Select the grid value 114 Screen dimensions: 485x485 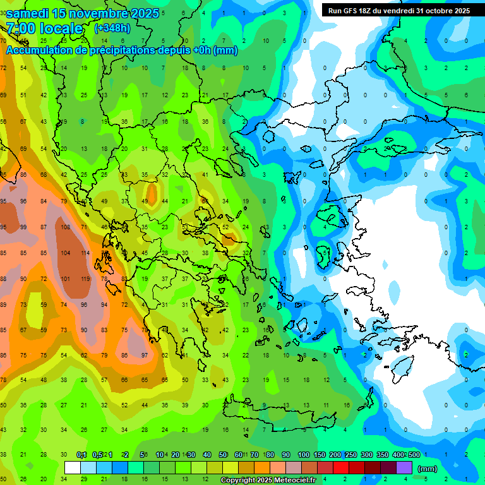(84, 253)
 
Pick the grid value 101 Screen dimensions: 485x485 (64, 278)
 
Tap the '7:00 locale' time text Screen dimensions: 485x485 (44, 28)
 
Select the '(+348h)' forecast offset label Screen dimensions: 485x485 (112, 28)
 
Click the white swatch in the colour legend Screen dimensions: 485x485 (73, 468)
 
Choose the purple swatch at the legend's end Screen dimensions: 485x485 (404, 468)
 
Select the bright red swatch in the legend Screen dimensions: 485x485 (341, 468)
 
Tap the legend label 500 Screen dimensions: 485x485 (413, 455)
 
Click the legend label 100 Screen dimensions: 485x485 (303, 455)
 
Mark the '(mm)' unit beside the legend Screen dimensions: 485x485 (428, 469)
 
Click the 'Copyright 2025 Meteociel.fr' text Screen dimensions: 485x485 (268, 481)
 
